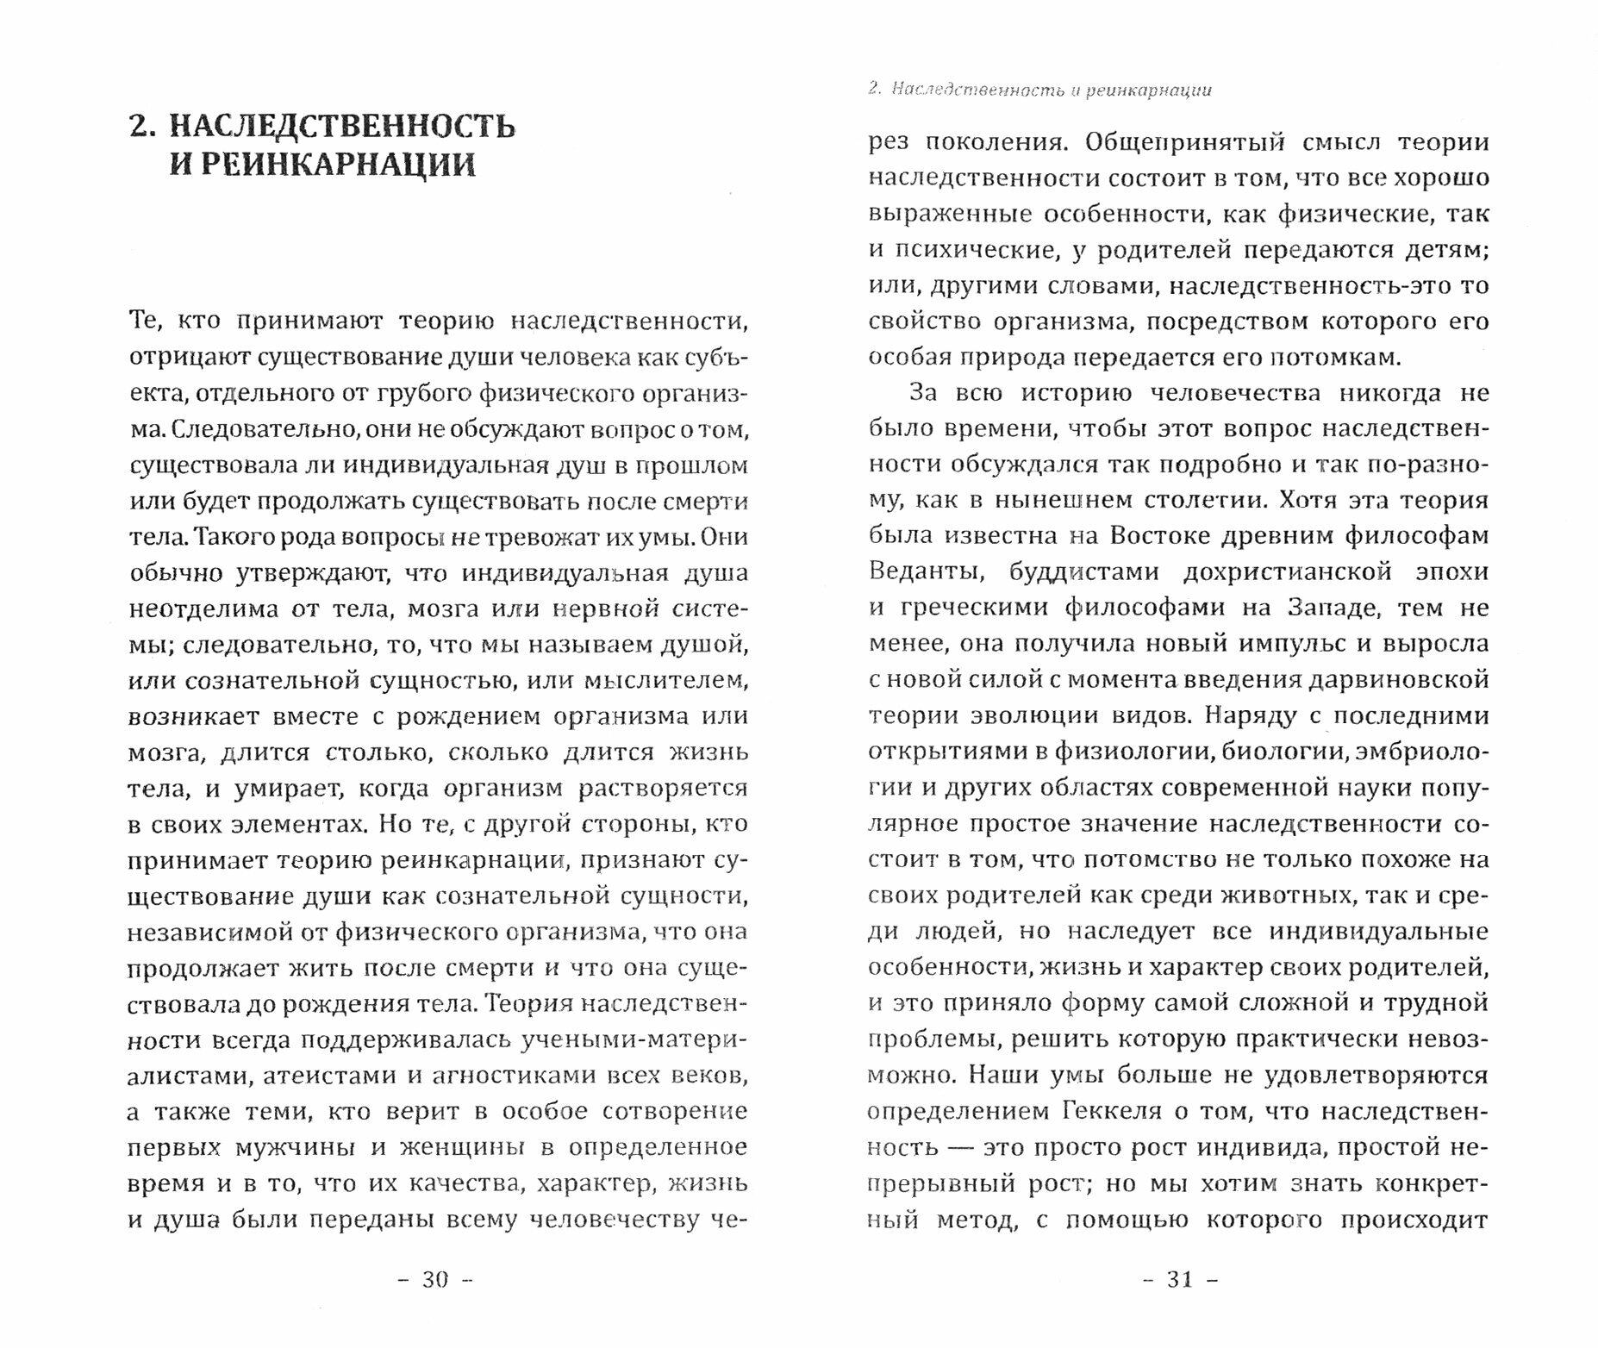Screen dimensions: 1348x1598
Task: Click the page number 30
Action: click(x=435, y=1279)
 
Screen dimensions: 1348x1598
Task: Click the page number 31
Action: click(x=1179, y=1279)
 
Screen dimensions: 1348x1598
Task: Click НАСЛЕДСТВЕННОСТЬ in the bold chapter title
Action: click(x=342, y=126)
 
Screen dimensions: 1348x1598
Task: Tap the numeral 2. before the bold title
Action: click(x=141, y=126)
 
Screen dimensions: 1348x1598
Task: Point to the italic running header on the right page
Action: click(x=1039, y=90)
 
